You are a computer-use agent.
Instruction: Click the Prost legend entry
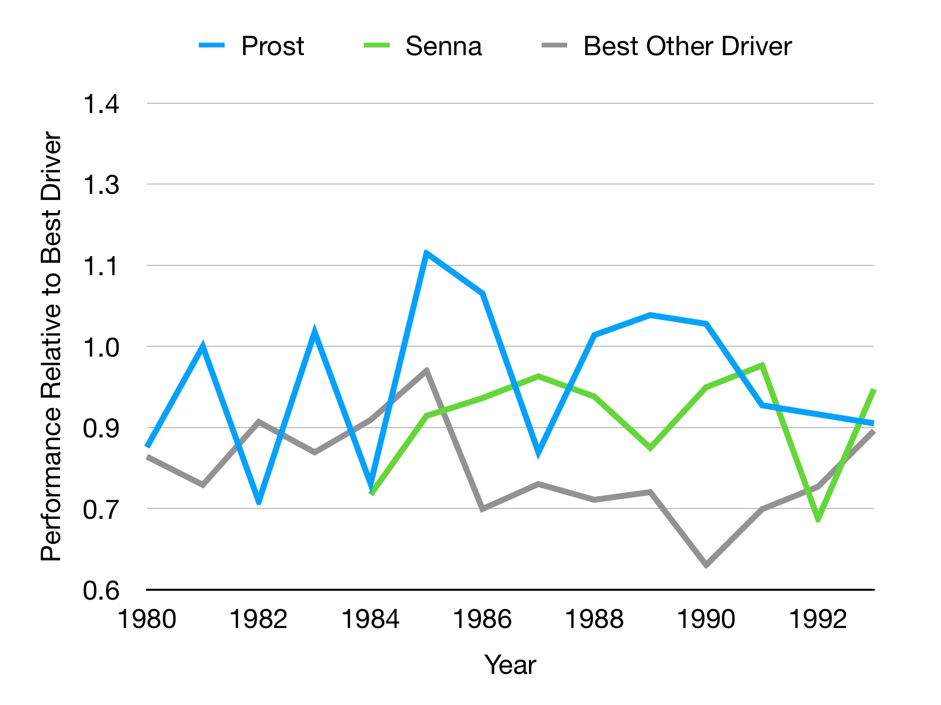tap(272, 46)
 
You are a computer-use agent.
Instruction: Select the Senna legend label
tap(443, 46)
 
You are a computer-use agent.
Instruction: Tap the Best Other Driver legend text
tap(687, 46)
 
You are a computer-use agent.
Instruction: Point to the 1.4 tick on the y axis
tap(101, 104)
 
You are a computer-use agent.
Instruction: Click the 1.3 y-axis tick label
tap(101, 185)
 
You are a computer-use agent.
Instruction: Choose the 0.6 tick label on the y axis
tap(101, 590)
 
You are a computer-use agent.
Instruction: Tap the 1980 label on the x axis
tap(147, 619)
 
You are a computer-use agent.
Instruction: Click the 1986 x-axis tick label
tap(482, 619)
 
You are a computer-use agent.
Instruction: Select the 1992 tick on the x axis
tap(818, 619)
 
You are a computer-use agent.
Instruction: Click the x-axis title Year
tap(510, 665)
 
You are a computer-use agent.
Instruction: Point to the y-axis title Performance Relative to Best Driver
tap(51, 346)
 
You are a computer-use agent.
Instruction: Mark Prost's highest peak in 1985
tap(426, 252)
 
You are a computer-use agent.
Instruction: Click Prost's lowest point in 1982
tap(259, 501)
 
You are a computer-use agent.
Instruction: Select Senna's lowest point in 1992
tap(818, 519)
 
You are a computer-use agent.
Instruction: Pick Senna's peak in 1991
tap(762, 365)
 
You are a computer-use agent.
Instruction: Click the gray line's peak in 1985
tap(426, 371)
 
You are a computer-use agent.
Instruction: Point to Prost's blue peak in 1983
tap(315, 331)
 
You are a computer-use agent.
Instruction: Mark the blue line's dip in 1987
tap(538, 453)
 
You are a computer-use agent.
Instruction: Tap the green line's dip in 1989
tap(650, 448)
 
